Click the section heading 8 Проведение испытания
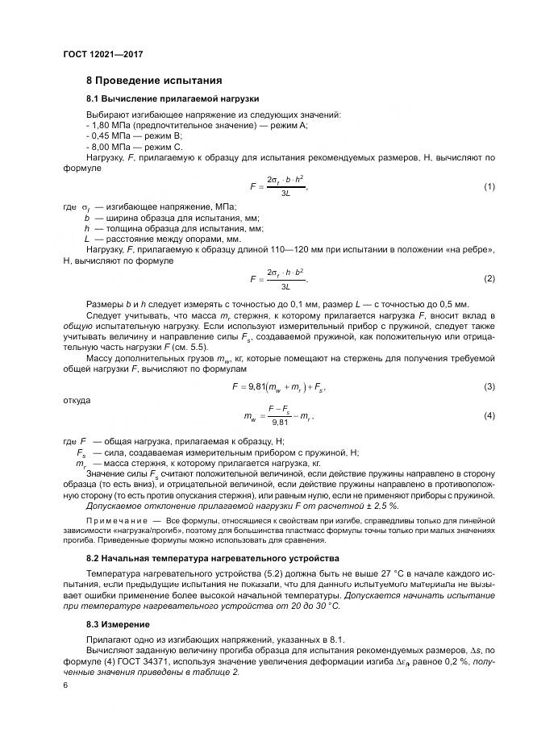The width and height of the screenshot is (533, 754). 148,81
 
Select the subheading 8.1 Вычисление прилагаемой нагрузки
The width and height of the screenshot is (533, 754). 172,98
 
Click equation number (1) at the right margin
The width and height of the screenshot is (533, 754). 489,186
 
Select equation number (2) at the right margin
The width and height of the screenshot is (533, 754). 489,278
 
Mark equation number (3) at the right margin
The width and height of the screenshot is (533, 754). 489,387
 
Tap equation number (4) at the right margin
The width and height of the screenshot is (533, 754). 489,415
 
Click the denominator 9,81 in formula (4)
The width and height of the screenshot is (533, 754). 280,421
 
